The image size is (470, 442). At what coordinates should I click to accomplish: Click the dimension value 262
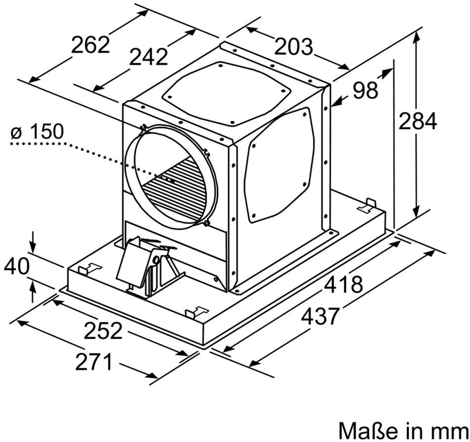pos(90,45)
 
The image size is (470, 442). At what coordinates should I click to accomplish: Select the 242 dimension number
pos(149,57)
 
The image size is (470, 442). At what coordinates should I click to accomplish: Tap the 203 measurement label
pos(293,46)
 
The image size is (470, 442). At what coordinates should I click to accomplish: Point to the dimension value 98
pos(365,90)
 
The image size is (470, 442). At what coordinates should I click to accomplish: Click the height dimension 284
pos(418,120)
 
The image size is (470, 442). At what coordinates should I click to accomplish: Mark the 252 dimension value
pos(103,331)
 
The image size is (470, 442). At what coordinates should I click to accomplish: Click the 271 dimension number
pos(93,362)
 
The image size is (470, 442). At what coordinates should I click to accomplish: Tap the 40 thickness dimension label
pos(17,266)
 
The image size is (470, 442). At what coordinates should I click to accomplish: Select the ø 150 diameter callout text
pos(37,131)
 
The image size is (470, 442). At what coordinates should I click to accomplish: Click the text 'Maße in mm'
pos(404,430)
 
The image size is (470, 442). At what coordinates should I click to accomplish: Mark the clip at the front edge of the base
pos(196,312)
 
